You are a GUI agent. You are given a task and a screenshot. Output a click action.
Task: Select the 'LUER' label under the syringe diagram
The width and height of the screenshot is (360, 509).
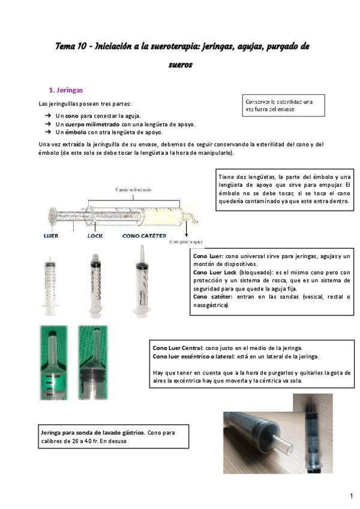pos(51,236)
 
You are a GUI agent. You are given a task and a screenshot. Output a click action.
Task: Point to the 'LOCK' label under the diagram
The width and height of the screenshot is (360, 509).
pos(95,236)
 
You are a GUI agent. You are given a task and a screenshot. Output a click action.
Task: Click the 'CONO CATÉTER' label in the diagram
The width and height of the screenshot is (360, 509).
pos(145,236)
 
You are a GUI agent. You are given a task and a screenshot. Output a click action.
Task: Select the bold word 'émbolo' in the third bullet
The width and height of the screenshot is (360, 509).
pos(75,132)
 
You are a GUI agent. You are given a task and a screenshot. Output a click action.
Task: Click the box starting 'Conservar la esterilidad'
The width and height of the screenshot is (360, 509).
pos(284,106)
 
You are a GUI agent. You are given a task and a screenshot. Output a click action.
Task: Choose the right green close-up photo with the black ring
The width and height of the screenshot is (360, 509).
pos(97,363)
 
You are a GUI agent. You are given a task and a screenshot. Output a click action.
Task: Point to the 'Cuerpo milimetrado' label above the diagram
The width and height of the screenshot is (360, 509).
pos(133,190)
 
